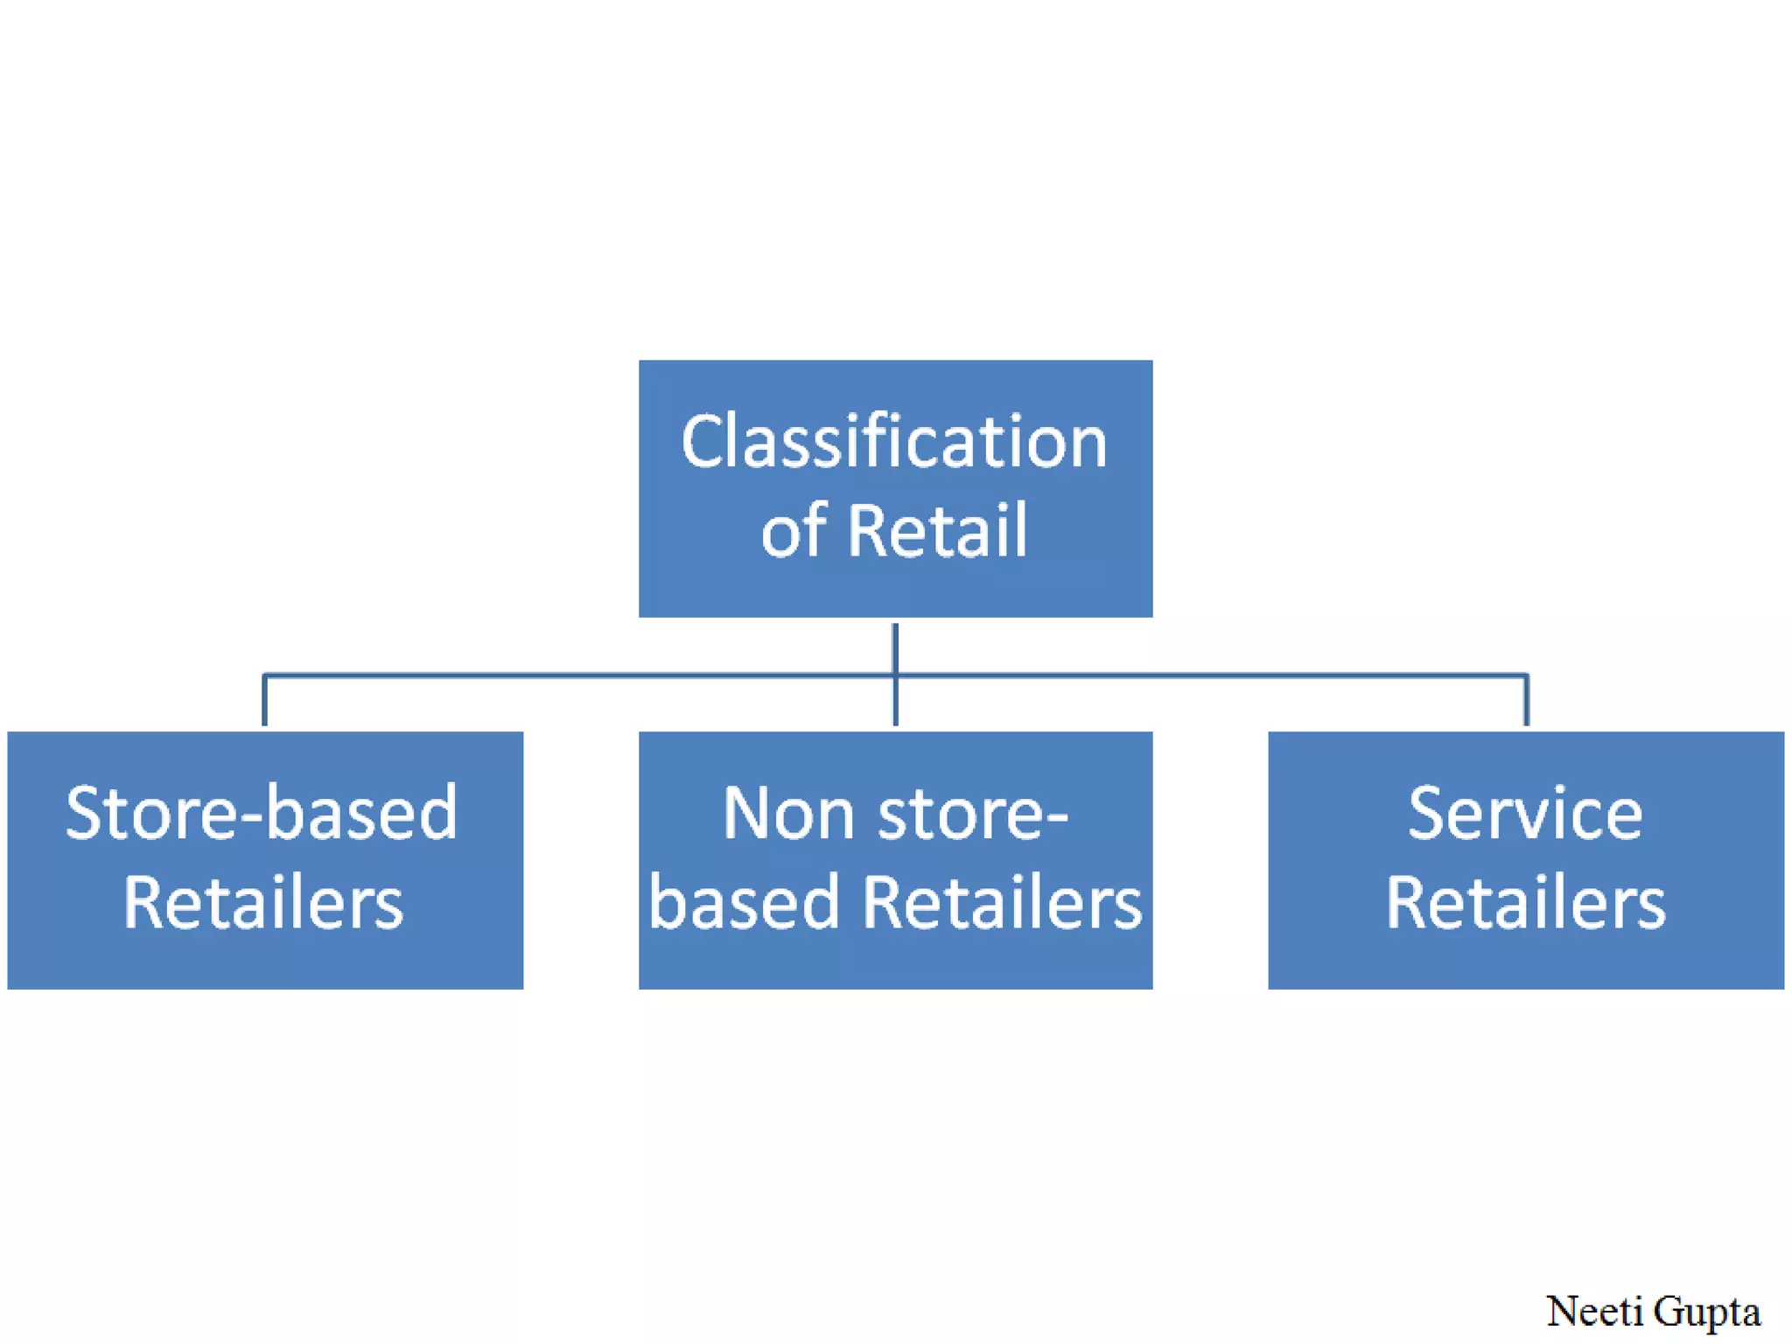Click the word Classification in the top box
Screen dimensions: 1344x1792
click(x=894, y=442)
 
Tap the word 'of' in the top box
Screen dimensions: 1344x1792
click(x=793, y=531)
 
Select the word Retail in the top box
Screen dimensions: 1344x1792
click(x=937, y=531)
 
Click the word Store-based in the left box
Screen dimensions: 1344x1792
click(x=261, y=814)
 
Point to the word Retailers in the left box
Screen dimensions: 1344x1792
click(x=262, y=903)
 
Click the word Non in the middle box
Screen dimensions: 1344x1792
click(x=787, y=814)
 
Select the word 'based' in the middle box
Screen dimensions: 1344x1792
click(x=745, y=903)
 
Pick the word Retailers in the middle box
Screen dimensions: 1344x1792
click(x=1002, y=903)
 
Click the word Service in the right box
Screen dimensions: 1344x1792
click(x=1525, y=814)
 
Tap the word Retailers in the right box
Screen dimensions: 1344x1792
click(x=1525, y=903)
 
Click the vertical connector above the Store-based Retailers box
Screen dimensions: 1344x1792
click(x=264, y=700)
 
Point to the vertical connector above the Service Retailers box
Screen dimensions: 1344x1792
click(x=1526, y=700)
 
